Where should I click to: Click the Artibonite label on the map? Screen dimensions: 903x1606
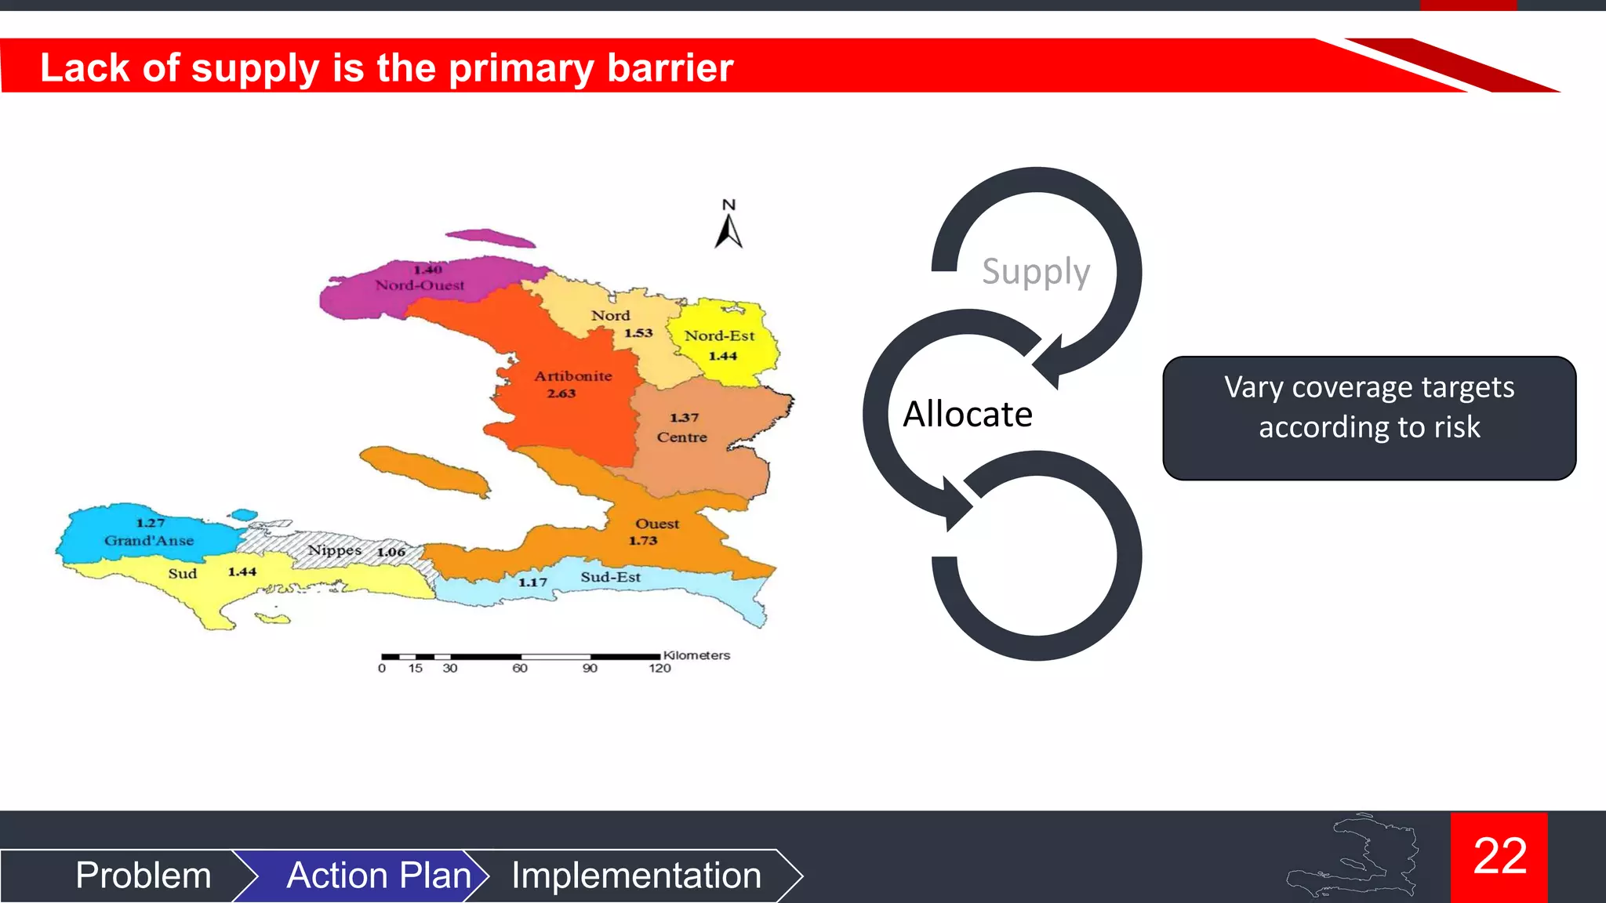[573, 376]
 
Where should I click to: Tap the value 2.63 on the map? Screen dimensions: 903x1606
[561, 393]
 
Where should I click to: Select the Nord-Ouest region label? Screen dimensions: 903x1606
[420, 285]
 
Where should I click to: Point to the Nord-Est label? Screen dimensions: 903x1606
[719, 336]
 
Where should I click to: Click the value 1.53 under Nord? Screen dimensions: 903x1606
[638, 333]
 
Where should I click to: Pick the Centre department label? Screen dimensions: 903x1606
[681, 437]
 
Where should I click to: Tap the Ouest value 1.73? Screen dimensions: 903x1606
[643, 541]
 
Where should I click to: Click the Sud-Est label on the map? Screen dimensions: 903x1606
[610, 578]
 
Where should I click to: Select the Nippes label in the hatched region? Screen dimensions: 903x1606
[335, 550]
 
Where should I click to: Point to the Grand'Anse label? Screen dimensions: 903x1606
[149, 541]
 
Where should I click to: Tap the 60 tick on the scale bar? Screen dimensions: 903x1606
[520, 669]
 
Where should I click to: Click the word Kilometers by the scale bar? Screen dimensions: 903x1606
[696, 655]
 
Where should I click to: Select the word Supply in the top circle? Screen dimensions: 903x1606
[1036, 272]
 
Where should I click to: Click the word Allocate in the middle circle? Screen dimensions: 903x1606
[968, 414]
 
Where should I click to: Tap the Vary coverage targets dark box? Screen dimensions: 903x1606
[1369, 418]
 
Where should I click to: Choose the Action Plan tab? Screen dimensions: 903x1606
[378, 876]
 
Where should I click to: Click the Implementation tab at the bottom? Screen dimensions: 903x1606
[636, 876]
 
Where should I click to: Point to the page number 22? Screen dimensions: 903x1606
[1499, 856]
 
